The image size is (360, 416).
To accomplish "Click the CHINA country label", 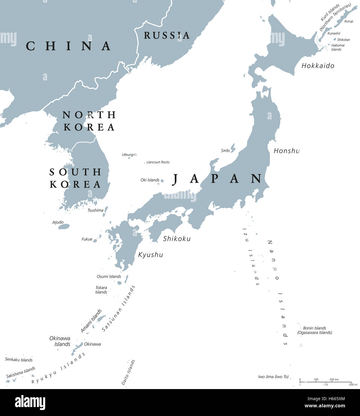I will [x=69, y=46].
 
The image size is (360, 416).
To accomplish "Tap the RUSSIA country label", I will [x=167, y=35].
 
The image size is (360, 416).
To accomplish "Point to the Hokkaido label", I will [x=318, y=66].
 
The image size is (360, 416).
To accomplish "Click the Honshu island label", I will [x=286, y=151].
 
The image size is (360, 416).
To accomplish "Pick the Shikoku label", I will [x=177, y=239].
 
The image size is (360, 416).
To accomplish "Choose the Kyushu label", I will [x=151, y=255].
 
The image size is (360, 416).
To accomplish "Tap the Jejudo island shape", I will [x=64, y=227].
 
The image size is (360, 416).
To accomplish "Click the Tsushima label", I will [x=95, y=210].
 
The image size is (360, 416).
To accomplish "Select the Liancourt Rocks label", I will [x=158, y=162].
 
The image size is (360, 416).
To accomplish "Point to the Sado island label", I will [x=225, y=151].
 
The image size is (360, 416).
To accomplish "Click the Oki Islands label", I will [x=150, y=180].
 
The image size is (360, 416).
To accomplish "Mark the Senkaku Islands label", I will [x=19, y=360].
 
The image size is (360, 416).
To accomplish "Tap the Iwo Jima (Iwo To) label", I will [x=273, y=376].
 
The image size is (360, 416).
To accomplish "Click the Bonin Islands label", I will [x=315, y=328].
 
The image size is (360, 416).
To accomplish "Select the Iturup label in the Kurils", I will [x=349, y=21].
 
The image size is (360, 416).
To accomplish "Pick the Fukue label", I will [x=87, y=239].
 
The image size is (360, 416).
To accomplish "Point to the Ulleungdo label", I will [x=129, y=154].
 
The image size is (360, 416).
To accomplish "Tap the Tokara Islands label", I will [x=101, y=290].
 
